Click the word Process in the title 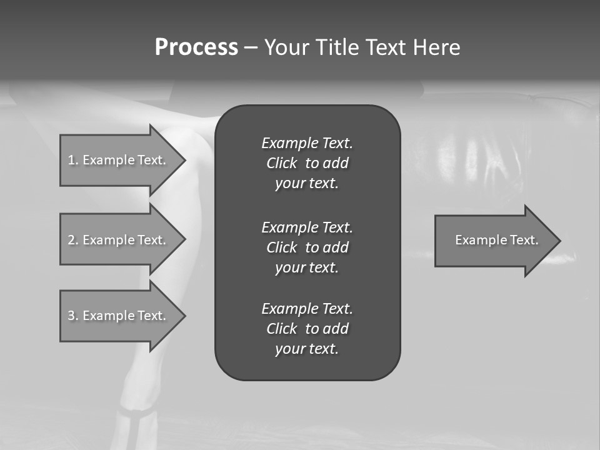tap(196, 47)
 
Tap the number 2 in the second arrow tap(71, 240)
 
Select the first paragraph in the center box tap(307, 163)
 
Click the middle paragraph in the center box tap(307, 247)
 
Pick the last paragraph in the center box tap(307, 329)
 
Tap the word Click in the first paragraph tap(282, 164)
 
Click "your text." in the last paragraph tap(307, 349)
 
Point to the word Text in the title tap(387, 47)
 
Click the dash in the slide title tap(250, 47)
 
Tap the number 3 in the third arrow tap(71, 316)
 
